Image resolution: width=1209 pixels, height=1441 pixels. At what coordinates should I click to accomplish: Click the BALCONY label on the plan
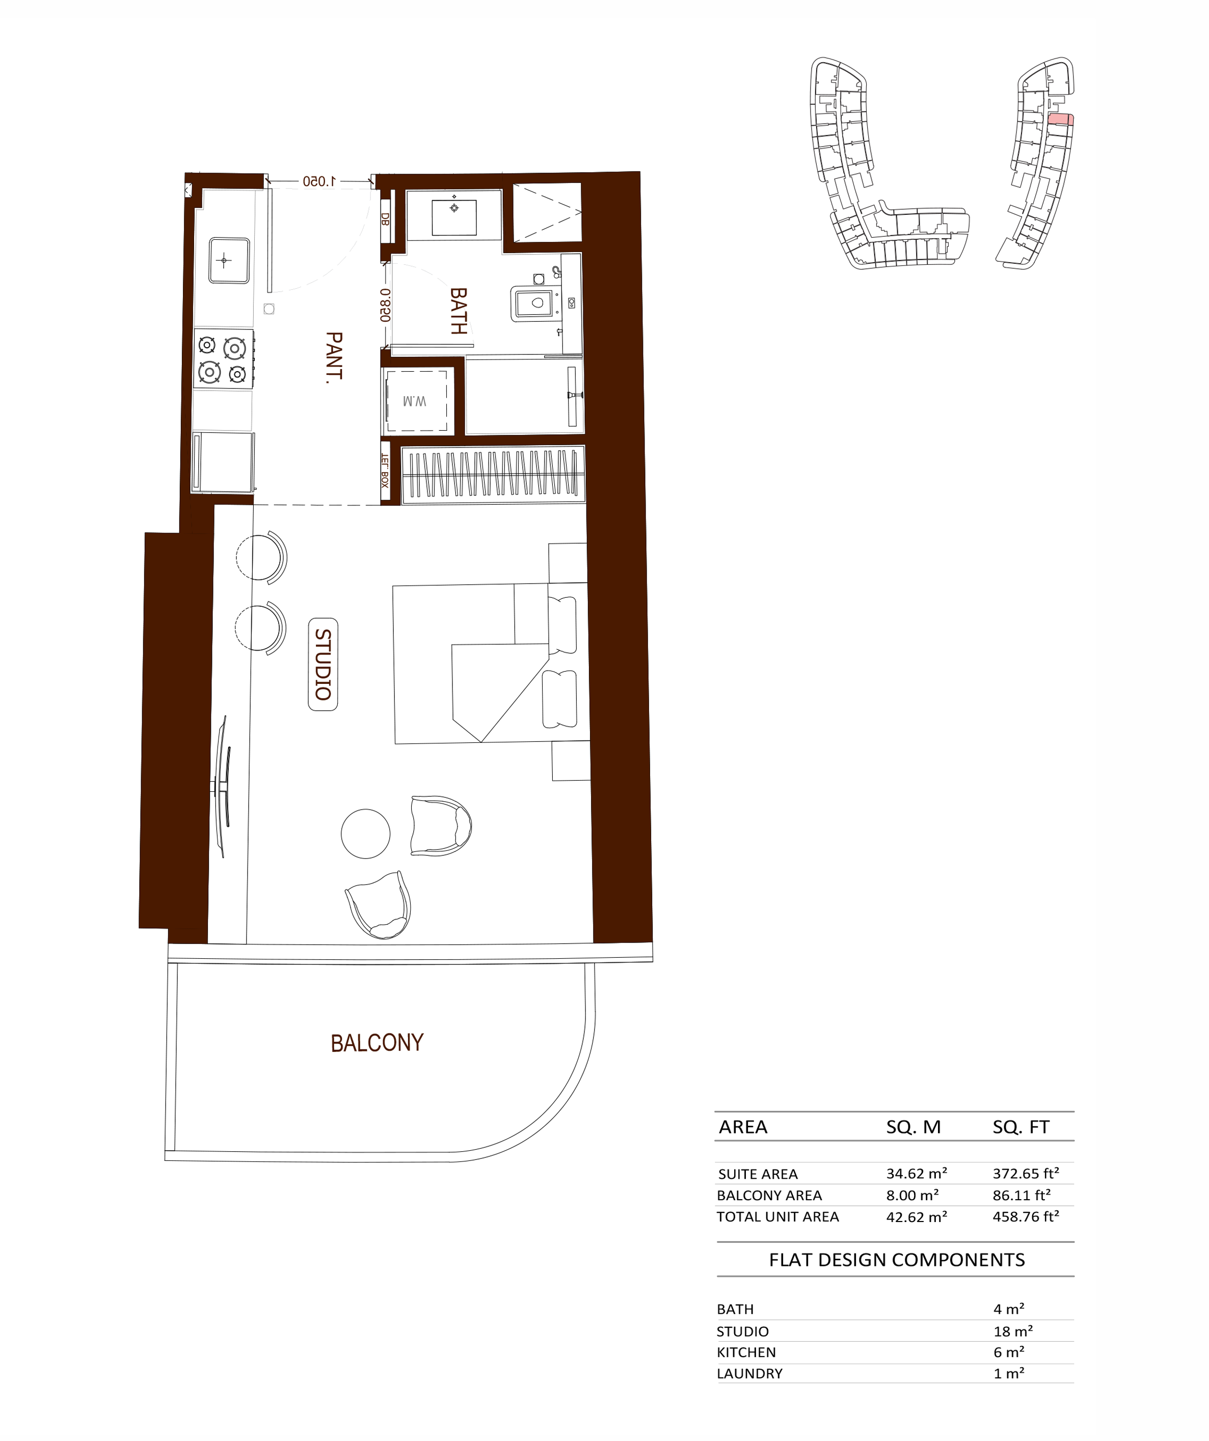pyautogui.click(x=377, y=1042)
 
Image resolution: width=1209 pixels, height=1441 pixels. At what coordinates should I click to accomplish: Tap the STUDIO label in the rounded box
pyautogui.click(x=323, y=664)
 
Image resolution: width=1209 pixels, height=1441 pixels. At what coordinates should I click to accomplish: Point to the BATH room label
pyautogui.click(x=459, y=311)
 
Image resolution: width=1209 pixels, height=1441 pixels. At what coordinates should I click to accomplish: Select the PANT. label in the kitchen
pyautogui.click(x=334, y=357)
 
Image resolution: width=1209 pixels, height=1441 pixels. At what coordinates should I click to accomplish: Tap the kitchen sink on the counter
pyautogui.click(x=229, y=260)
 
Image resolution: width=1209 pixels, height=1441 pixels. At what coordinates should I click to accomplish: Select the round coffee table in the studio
pyautogui.click(x=365, y=834)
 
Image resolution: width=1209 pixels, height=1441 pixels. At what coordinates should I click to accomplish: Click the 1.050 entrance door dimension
pyautogui.click(x=319, y=181)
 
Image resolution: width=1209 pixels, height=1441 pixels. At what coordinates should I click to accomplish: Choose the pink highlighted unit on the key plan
pyautogui.click(x=1060, y=119)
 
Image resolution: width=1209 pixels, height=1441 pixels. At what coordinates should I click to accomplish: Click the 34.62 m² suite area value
pyautogui.click(x=917, y=1173)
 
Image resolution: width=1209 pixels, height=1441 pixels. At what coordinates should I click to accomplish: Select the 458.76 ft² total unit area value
pyautogui.click(x=1026, y=1216)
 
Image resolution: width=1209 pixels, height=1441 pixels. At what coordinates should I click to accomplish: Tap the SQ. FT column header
pyautogui.click(x=1021, y=1127)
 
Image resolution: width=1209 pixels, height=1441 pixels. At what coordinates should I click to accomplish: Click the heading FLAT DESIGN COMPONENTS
pyautogui.click(x=897, y=1260)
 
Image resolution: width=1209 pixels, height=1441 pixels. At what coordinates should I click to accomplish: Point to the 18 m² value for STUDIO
pyautogui.click(x=1013, y=1331)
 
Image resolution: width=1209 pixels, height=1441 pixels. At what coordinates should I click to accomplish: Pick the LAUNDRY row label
pyautogui.click(x=750, y=1374)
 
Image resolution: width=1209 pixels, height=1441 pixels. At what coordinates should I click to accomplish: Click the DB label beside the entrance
pyautogui.click(x=385, y=219)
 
